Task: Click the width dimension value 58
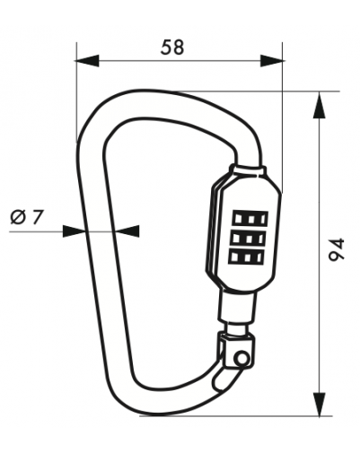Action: (172, 48)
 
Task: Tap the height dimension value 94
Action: (336, 248)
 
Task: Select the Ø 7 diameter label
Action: (27, 216)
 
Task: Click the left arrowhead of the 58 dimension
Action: (87, 61)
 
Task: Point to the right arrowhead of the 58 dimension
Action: (272, 61)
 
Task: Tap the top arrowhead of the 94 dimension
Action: (320, 105)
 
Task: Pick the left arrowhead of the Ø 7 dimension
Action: (74, 231)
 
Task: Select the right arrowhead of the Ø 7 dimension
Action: (128, 231)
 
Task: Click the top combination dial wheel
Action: (250, 219)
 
